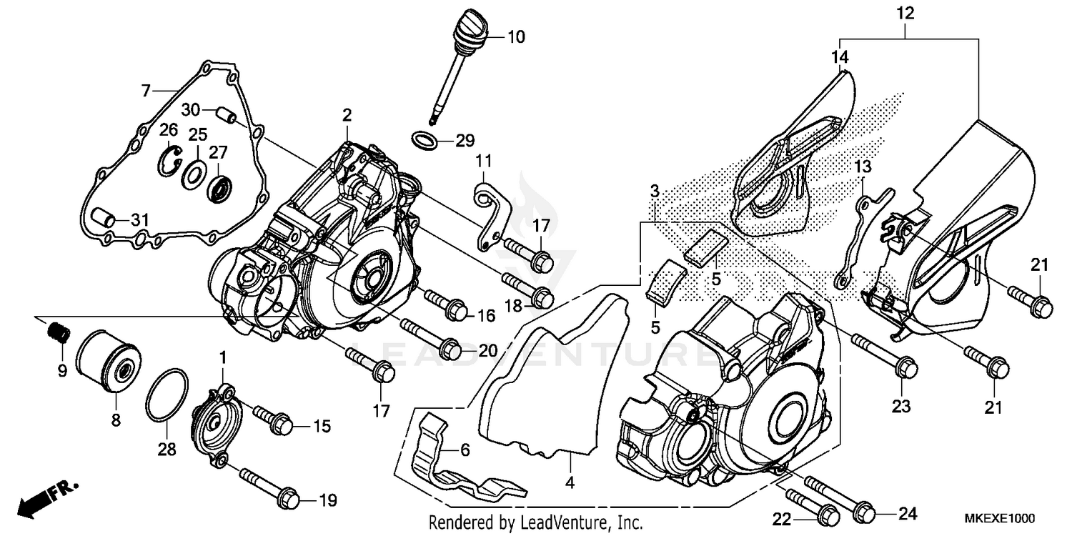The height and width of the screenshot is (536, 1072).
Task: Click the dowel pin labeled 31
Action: [103, 217]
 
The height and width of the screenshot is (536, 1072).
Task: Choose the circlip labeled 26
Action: [169, 158]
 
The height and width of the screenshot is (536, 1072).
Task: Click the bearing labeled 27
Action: [219, 189]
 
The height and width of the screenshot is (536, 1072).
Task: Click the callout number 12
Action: [905, 13]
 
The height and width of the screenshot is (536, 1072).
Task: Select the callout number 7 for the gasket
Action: [146, 90]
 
